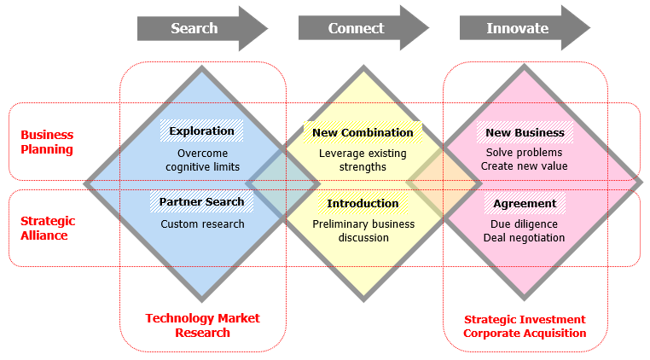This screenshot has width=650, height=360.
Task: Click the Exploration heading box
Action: [x=201, y=131]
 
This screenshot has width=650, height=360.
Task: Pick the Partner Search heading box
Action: [x=202, y=202]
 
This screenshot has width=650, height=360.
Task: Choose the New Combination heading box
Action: [x=363, y=132]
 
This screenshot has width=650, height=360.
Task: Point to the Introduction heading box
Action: [x=363, y=204]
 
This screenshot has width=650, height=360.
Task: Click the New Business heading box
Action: [x=525, y=132]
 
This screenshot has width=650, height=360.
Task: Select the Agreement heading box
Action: [x=525, y=204]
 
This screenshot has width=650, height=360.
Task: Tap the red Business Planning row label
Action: [x=47, y=142]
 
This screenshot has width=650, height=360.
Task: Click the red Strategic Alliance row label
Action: [x=48, y=228]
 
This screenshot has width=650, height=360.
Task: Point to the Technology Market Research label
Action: [x=202, y=325]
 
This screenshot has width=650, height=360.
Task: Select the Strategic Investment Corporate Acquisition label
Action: [x=525, y=326]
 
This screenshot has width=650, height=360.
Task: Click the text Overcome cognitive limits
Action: [x=202, y=160]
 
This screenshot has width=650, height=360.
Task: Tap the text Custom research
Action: [x=202, y=224]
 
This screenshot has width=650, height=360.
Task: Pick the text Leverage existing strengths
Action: [x=363, y=160]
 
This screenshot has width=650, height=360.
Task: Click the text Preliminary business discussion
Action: [x=363, y=230]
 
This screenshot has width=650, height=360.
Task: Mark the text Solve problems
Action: [x=525, y=153]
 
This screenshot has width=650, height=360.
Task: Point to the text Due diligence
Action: [x=525, y=224]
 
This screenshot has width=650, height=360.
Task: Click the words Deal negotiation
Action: [x=525, y=237]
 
